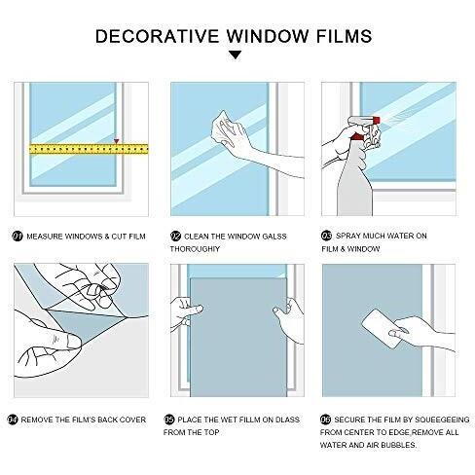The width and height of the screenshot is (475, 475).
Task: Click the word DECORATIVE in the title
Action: (158, 36)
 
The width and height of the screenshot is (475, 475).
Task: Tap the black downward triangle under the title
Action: (235, 55)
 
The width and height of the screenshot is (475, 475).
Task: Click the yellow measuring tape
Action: (89, 149)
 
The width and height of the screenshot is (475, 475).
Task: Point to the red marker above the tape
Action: (116, 141)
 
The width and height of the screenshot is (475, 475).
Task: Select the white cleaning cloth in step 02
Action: (222, 128)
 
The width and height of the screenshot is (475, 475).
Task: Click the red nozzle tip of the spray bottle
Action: (377, 121)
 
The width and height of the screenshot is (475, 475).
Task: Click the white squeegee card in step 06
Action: (381, 328)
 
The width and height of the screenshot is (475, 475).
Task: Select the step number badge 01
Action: (18, 237)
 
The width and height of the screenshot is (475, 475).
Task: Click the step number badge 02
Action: (175, 236)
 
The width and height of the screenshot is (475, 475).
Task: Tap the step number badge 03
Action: (326, 236)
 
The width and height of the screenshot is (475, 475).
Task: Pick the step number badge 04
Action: (13, 420)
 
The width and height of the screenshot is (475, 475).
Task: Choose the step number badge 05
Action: (169, 420)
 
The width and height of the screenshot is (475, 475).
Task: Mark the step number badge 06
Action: (325, 420)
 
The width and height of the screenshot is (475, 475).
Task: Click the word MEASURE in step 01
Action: (45, 237)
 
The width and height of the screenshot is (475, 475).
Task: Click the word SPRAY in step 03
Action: (347, 236)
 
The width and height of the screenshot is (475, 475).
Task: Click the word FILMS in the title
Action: (344, 36)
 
